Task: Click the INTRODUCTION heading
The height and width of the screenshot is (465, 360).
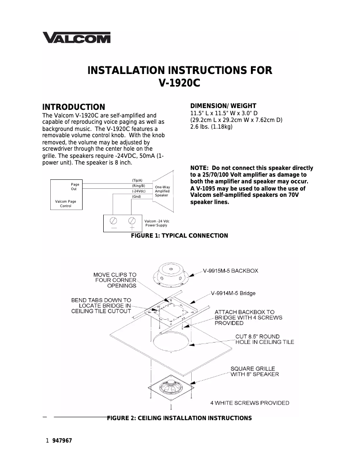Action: (x=74, y=107)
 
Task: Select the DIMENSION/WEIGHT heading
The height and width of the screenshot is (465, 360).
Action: (x=224, y=106)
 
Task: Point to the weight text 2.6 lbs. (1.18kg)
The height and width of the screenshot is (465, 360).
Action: (x=211, y=127)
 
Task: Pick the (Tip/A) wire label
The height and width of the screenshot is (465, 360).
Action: (x=137, y=180)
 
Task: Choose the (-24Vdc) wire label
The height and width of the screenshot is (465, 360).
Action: (x=139, y=191)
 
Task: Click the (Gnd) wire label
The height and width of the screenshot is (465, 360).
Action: (x=136, y=197)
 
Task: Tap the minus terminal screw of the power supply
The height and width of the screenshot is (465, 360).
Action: (x=114, y=221)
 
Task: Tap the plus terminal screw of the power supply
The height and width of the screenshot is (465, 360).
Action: (x=132, y=221)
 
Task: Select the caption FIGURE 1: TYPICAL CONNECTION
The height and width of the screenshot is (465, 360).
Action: (x=179, y=235)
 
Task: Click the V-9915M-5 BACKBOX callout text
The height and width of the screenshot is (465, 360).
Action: (x=230, y=271)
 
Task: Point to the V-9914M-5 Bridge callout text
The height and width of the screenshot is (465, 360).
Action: (x=233, y=293)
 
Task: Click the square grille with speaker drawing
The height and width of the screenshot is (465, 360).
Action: (x=171, y=388)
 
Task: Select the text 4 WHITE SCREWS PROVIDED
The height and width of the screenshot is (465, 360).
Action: (x=253, y=403)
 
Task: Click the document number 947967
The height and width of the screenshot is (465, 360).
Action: (x=62, y=441)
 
